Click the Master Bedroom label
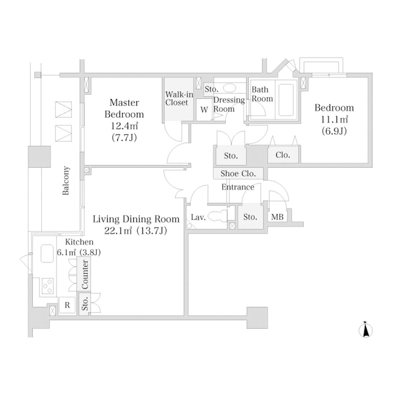pyautogui.click(x=124, y=108)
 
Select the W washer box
pyautogui.click(x=204, y=110)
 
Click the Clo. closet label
pyautogui.click(x=283, y=155)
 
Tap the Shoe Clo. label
pyautogui.click(x=238, y=173)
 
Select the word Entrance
pyautogui.click(x=238, y=187)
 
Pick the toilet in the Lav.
pyautogui.click(x=217, y=217)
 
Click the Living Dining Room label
pyautogui.click(x=136, y=219)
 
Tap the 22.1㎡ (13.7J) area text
pyautogui.click(x=136, y=231)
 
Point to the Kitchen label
pyautogui.click(x=79, y=242)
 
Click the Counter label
pyautogui.click(x=85, y=274)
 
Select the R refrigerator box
pyautogui.click(x=67, y=305)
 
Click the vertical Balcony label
pyautogui.click(x=66, y=181)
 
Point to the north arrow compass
pyautogui.click(x=366, y=330)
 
